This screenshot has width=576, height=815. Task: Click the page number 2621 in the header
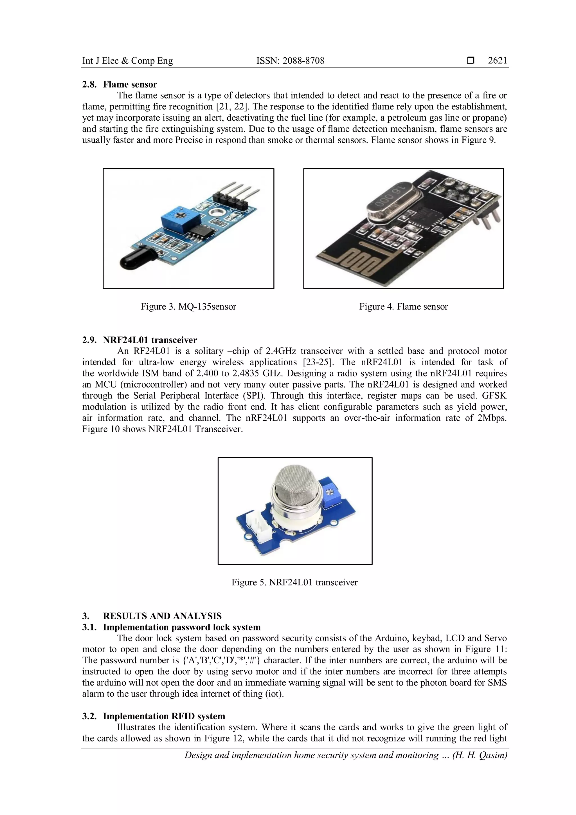point(497,61)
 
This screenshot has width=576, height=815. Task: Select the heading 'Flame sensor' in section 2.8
point(130,84)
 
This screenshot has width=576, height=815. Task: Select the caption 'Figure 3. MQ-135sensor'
point(188,307)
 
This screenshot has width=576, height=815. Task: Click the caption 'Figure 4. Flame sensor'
point(403,307)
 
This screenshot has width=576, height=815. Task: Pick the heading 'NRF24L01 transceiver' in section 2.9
point(150,340)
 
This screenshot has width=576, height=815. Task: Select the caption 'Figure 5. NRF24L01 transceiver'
point(294,583)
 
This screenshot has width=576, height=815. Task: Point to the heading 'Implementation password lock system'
point(182,627)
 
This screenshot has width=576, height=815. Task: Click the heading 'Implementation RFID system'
point(164,716)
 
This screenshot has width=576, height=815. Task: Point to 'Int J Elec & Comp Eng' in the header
point(127,61)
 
